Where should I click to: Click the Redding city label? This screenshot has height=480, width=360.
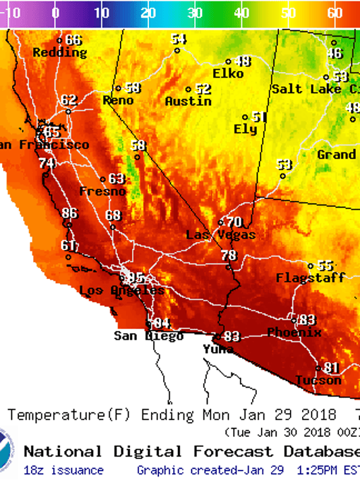tap(60, 52)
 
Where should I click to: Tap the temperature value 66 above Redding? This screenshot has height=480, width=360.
tap(73, 40)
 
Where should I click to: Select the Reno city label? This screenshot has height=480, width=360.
tap(118, 100)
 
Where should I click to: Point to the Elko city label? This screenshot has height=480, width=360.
tap(228, 73)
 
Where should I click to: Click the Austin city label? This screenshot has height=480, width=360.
tap(188, 101)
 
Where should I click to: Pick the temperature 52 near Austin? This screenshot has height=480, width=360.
tap(203, 89)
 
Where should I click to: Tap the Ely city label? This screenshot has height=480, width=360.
tap(245, 129)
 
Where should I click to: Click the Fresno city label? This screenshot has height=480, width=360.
tap(102, 191)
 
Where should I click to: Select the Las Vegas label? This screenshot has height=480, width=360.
tap(220, 235)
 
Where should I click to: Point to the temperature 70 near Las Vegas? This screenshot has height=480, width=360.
tap(233, 222)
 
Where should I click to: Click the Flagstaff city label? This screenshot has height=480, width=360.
tap(310, 277)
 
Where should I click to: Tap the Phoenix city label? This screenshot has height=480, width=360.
tap(294, 332)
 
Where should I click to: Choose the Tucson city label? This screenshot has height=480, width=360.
tap(318, 380)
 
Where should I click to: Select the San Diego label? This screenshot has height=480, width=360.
tap(148, 336)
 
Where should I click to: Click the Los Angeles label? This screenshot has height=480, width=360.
tap(122, 291)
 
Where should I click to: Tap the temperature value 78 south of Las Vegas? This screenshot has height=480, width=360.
tap(229, 255)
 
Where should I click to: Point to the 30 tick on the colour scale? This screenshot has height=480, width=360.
tap(195, 13)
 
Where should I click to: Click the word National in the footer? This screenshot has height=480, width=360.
tap(62, 451)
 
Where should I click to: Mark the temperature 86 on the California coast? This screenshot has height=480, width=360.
tap(69, 213)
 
